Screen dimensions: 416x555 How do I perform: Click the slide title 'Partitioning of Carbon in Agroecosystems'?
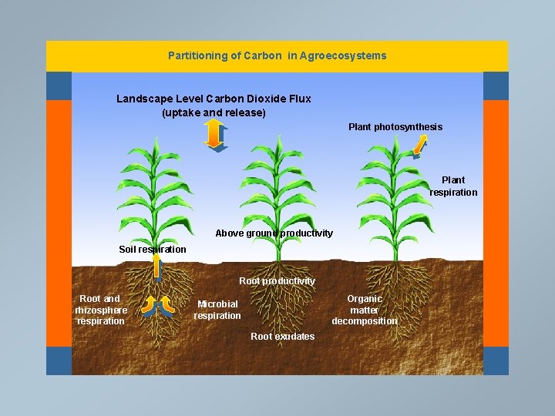pyautogui.click(x=277, y=55)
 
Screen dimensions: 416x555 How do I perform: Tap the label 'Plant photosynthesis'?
pyautogui.click(x=395, y=127)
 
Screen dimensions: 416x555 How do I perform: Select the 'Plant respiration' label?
pyautogui.click(x=453, y=186)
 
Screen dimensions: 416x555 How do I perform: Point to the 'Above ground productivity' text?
pyautogui.click(x=274, y=233)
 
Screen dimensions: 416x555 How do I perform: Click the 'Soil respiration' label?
pyautogui.click(x=152, y=250)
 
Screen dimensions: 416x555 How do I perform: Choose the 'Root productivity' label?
pyautogui.click(x=277, y=281)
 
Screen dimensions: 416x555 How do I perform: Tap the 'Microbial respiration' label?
pyautogui.click(x=217, y=310)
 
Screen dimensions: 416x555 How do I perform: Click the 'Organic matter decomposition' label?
pyautogui.click(x=365, y=310)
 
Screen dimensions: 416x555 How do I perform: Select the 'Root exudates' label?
pyautogui.click(x=282, y=337)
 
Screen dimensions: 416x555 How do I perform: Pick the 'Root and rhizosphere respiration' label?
pyautogui.click(x=101, y=310)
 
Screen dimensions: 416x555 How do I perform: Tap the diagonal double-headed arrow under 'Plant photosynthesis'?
pyautogui.click(x=420, y=144)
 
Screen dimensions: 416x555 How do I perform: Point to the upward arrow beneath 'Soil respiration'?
pyautogui.click(x=156, y=267)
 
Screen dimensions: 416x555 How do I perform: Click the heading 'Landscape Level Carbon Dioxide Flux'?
pyautogui.click(x=214, y=99)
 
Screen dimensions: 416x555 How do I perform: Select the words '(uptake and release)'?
pyautogui.click(x=214, y=112)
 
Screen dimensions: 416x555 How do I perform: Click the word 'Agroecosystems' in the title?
pyautogui.click(x=349, y=55)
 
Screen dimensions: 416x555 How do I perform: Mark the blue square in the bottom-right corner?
pyautogui.click(x=496, y=361)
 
